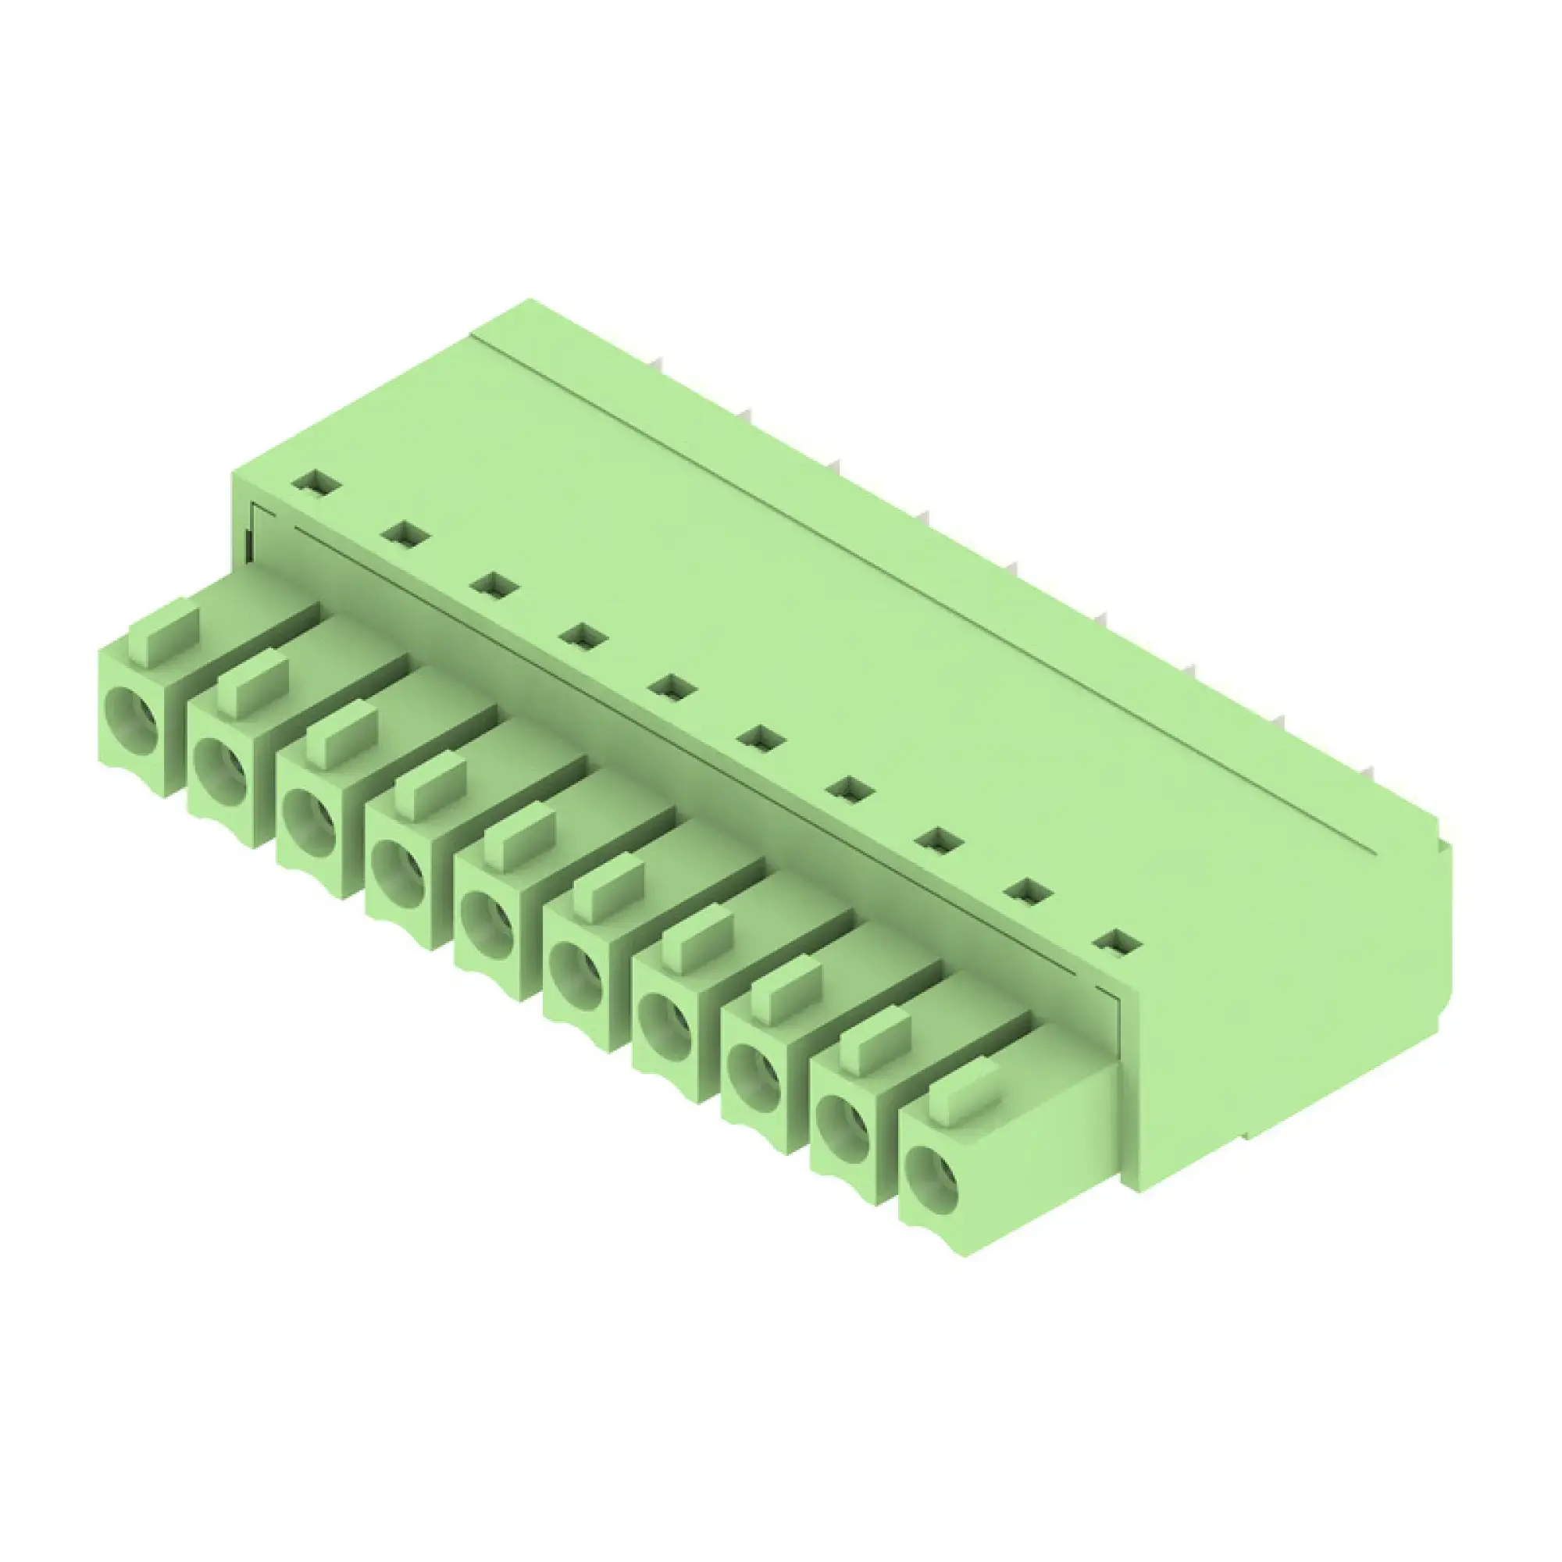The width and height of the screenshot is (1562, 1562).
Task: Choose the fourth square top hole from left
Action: (x=583, y=637)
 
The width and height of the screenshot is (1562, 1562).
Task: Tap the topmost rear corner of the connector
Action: (x=530, y=302)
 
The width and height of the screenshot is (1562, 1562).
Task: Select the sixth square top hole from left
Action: (x=760, y=737)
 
